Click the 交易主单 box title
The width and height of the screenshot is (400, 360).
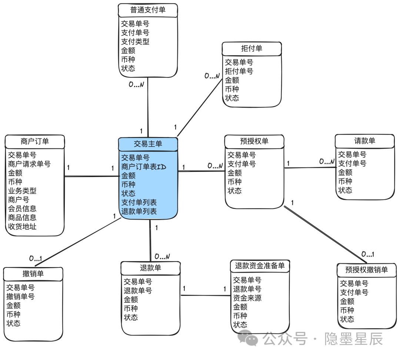148,144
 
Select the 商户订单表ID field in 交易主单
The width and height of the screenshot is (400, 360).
144,167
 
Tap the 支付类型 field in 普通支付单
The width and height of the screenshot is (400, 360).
135,41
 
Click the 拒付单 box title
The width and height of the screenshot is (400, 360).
251,49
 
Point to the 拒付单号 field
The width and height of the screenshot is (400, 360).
239,71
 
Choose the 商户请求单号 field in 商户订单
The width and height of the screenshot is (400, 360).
29,164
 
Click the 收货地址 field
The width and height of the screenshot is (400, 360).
22,226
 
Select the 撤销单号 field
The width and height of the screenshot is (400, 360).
20,296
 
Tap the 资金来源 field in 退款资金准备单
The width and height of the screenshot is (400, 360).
247,298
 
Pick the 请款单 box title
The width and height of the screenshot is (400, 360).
364,141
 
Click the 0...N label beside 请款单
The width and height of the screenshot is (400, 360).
327,162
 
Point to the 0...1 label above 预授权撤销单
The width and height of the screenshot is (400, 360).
368,254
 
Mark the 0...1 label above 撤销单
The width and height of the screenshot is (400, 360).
36,258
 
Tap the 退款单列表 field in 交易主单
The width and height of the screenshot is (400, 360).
139,211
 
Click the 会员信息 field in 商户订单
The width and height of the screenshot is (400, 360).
22,209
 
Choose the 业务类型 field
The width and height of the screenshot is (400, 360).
22,191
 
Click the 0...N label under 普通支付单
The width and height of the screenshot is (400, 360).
136,84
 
